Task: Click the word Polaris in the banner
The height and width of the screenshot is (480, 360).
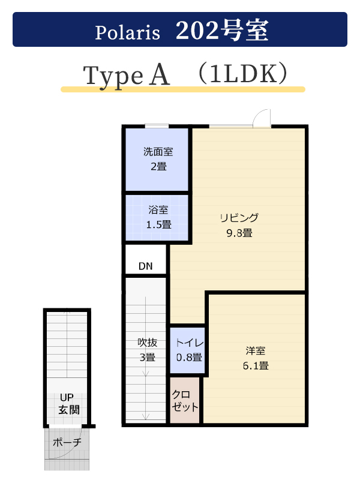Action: pyautogui.click(x=127, y=32)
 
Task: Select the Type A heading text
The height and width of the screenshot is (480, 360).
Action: pyautogui.click(x=126, y=76)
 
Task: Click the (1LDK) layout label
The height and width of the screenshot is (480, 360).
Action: pyautogui.click(x=243, y=74)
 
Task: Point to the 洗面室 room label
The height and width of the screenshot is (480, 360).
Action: pyautogui.click(x=158, y=152)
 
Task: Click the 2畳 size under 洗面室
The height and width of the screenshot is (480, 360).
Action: pyautogui.click(x=158, y=167)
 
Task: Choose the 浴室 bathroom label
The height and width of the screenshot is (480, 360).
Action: pyautogui.click(x=158, y=209)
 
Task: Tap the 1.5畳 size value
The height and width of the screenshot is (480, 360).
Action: pyautogui.click(x=158, y=224)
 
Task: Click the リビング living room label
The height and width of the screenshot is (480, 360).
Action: pyautogui.click(x=239, y=218)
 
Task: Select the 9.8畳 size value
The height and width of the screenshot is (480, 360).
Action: pyautogui.click(x=239, y=233)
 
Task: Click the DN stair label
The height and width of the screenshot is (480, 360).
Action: pyautogui.click(x=145, y=266)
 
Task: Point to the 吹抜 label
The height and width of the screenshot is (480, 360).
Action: pyautogui.click(x=148, y=342)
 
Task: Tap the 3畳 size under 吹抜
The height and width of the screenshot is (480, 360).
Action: pyautogui.click(x=148, y=357)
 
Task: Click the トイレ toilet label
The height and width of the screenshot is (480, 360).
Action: pyautogui.click(x=190, y=343)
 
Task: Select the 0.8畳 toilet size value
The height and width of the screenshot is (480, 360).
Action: pyautogui.click(x=189, y=357)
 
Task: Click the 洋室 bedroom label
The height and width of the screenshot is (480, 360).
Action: pyautogui.click(x=256, y=350)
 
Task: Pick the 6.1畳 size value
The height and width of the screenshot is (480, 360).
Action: pyautogui.click(x=256, y=365)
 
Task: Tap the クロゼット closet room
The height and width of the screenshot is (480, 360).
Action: pyautogui.click(x=185, y=400)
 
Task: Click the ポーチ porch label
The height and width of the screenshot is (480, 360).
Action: pyautogui.click(x=67, y=442)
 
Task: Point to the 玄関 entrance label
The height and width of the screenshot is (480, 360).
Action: pyautogui.click(x=69, y=410)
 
